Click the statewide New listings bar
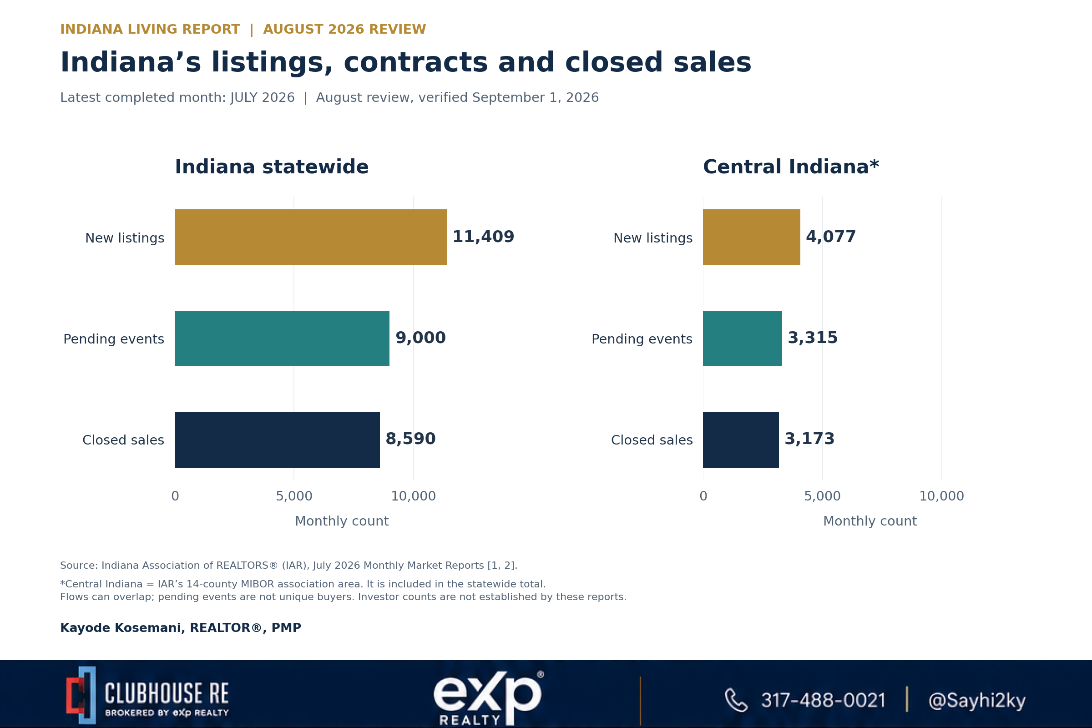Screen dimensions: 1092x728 click(x=311, y=237)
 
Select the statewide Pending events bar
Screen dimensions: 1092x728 click(x=282, y=339)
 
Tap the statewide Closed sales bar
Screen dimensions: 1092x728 click(x=277, y=440)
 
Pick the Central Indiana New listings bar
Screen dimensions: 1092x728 click(x=751, y=237)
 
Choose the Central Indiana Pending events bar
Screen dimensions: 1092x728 click(x=743, y=339)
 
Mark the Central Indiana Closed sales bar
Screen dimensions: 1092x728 click(x=741, y=440)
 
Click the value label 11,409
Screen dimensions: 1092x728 click(x=483, y=237)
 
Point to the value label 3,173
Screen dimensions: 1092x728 click(x=809, y=439)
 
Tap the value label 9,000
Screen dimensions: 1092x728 click(x=420, y=338)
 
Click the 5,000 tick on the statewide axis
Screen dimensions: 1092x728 click(x=294, y=496)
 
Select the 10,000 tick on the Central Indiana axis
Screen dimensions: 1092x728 click(x=941, y=496)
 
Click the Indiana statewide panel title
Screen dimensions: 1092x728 click(x=272, y=167)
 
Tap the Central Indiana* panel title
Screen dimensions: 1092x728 click(x=791, y=167)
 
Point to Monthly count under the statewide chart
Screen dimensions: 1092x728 click(x=342, y=521)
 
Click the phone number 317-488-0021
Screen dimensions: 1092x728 click(x=823, y=700)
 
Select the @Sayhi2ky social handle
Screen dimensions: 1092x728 click(x=977, y=700)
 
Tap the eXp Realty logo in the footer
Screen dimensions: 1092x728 click(x=488, y=698)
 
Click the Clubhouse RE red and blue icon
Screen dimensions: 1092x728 click(x=81, y=695)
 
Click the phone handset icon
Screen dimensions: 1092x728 click(x=736, y=700)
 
